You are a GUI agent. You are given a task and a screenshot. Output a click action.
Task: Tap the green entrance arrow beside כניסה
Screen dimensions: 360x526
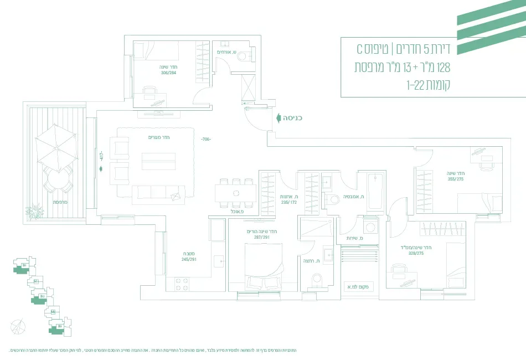pos(277,118)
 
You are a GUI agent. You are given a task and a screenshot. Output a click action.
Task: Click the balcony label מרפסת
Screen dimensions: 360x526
pos(60,203)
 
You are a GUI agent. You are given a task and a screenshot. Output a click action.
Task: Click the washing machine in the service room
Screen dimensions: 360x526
pos(370,227)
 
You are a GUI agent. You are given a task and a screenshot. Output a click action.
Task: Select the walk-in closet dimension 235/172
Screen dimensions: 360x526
pos(290,202)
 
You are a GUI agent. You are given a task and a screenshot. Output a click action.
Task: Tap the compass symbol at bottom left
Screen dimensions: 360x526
pos(18,326)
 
